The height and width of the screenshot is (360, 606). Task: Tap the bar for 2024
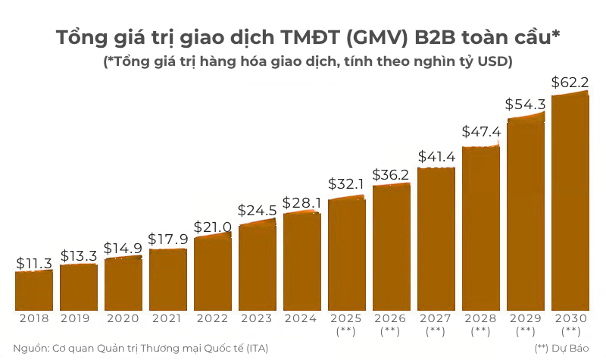302,261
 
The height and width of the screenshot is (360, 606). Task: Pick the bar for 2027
436,239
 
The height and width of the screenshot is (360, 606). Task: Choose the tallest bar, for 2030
570,202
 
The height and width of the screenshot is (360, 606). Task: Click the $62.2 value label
570,82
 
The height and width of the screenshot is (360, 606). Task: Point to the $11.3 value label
34,263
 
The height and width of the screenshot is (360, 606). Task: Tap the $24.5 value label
257,211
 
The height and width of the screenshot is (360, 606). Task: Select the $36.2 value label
391,175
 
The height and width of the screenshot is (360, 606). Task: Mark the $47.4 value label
481,132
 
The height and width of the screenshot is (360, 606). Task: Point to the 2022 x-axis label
212,319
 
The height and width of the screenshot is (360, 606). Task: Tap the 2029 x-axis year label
526,319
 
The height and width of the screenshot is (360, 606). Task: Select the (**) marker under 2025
346,331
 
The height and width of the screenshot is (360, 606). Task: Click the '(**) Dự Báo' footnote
562,349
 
